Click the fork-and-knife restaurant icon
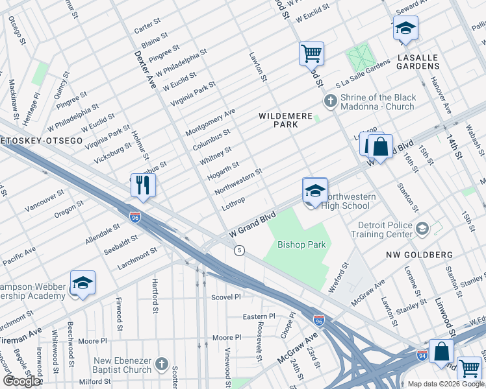[x=141, y=185]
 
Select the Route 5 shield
[x=240, y=250]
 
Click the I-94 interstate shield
[x=422, y=355]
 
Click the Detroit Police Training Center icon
[x=422, y=228]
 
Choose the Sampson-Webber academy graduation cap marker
[x=83, y=283]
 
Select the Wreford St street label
[x=339, y=277]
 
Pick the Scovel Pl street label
[x=226, y=297]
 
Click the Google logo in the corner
[x=21, y=381]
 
